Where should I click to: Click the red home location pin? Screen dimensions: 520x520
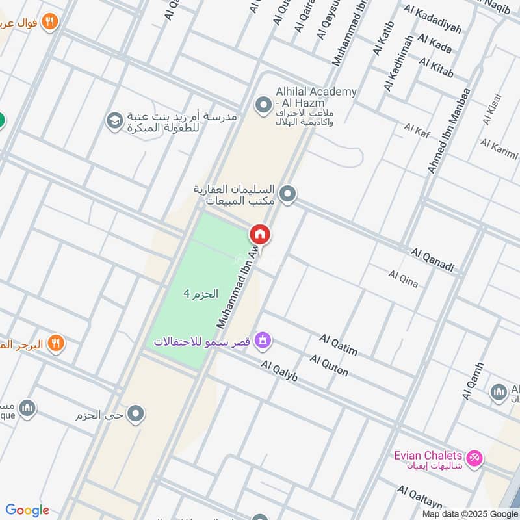pyautogui.click(x=260, y=235)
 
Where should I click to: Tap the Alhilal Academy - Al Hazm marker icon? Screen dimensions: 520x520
pyautogui.click(x=263, y=104)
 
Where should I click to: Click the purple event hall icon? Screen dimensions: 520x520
pyautogui.click(x=263, y=339)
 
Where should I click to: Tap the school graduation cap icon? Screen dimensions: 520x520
pyautogui.click(x=114, y=122)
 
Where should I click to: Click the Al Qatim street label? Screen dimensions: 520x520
pyautogui.click(x=339, y=345)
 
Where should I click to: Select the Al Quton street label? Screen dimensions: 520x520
pyautogui.click(x=329, y=365)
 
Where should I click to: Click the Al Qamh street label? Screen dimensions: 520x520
pyautogui.click(x=473, y=381)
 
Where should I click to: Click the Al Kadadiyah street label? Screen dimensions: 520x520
pyautogui.click(x=432, y=19)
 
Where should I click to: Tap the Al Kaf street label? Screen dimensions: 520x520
pyautogui.click(x=417, y=129)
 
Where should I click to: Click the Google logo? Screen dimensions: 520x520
pyautogui.click(x=27, y=510)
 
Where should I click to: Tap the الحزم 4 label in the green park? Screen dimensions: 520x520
pyautogui.click(x=196, y=294)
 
